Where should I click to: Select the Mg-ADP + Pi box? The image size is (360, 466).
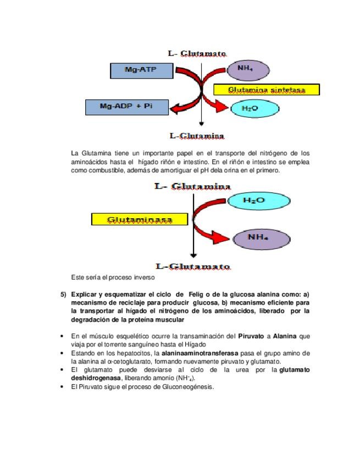click(127, 106)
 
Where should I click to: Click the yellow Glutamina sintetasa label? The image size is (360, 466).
click(266, 89)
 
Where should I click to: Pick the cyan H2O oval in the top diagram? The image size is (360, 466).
click(251, 109)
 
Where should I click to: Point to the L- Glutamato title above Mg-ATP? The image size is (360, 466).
click(197, 53)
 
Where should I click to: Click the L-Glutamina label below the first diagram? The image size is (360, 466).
click(197, 135)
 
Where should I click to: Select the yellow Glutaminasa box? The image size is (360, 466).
click(140, 220)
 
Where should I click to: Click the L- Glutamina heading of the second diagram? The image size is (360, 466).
click(192, 187)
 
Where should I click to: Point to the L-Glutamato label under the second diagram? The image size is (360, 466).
click(193, 267)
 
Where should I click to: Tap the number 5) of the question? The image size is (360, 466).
click(63, 295)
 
